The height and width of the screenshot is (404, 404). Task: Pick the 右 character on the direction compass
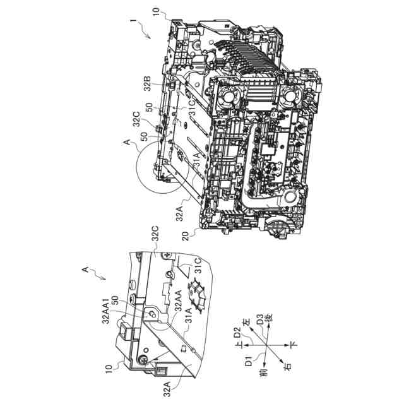point(289,364)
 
